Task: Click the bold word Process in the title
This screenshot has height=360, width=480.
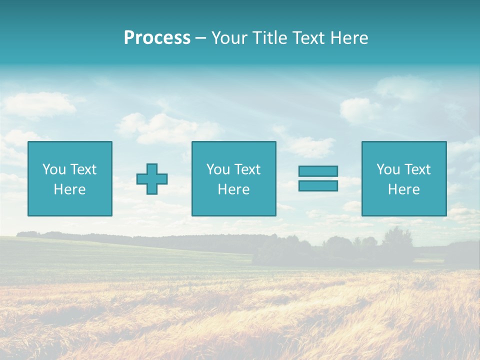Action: tap(157, 38)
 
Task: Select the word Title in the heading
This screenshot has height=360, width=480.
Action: tap(268, 38)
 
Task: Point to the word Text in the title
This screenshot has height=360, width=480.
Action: tap(306, 38)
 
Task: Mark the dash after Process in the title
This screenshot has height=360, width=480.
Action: tap(200, 38)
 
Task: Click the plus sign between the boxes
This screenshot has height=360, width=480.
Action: tap(152, 179)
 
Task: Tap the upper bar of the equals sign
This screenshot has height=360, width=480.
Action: tap(318, 171)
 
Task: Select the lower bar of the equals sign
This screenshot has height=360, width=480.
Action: tap(318, 186)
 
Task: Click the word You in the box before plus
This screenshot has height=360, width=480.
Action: tap(53, 169)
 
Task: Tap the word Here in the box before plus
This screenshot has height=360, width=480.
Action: tap(69, 189)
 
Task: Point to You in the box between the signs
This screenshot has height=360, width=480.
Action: tap(217, 169)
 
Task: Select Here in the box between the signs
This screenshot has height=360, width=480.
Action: tap(233, 189)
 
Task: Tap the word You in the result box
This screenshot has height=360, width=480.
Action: tap(387, 169)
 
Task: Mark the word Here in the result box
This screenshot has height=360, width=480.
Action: tap(403, 189)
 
